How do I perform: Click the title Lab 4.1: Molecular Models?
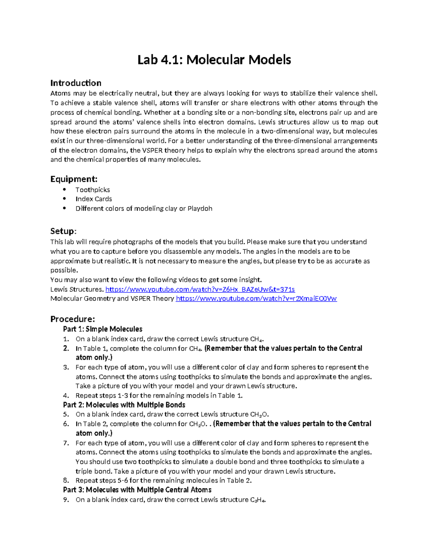214,59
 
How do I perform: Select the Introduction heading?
76,83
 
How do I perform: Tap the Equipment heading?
74,179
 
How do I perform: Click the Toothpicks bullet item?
93,190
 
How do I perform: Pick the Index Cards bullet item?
94,199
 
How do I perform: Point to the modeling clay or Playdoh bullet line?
144,208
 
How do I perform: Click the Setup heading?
63,231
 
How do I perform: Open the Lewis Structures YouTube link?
200,289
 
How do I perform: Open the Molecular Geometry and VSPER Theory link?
256,299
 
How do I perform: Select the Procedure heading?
73,319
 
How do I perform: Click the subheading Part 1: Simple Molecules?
103,329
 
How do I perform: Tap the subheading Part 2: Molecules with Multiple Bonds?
124,405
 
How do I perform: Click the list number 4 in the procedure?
65,396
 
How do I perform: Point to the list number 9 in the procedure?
65,500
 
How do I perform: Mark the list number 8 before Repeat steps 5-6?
65,480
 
